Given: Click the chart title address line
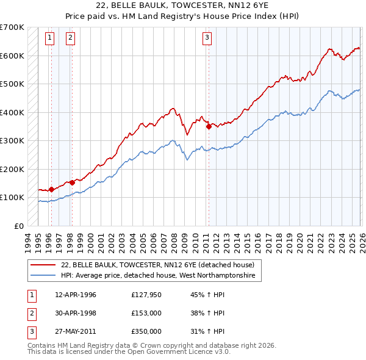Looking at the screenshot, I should (x=183, y=5).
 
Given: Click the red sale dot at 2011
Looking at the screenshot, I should (x=209, y=127).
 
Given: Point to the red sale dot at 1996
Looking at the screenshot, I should (x=51, y=189).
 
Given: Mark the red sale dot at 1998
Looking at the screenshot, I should (x=72, y=182).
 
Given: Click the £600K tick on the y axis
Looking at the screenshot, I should (x=12, y=56).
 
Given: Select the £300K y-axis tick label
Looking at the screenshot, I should (x=12, y=140).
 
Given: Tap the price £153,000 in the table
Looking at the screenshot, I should (x=146, y=313).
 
